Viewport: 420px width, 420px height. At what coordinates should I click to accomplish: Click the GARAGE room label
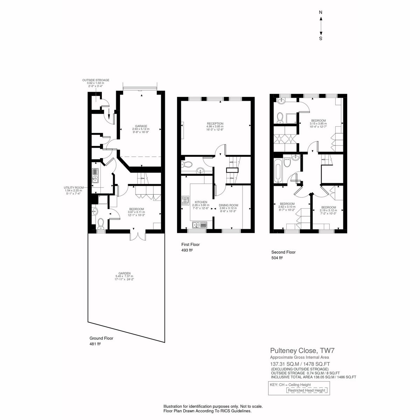141,126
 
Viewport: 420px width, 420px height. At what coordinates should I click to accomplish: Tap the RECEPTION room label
215,124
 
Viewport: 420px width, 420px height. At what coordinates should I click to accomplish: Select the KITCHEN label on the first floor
201,202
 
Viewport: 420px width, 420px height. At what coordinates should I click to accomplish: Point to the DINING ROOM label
229,205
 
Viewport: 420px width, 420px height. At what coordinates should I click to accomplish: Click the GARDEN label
125,273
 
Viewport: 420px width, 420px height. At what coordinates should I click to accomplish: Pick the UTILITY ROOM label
73,188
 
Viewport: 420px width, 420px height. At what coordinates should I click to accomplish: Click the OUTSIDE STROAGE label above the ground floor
96,80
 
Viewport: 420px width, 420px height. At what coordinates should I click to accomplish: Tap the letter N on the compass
321,12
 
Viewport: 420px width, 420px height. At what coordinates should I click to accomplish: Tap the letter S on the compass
321,38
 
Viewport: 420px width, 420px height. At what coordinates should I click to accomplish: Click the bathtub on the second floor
278,171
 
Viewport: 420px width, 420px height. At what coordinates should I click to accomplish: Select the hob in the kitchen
186,201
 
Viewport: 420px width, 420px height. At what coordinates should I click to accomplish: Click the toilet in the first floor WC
187,164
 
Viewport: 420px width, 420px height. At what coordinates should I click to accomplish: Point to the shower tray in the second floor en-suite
292,118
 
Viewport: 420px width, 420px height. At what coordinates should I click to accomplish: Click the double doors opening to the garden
137,235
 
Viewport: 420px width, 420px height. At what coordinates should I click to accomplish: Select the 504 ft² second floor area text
277,258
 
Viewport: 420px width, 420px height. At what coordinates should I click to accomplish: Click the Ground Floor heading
101,338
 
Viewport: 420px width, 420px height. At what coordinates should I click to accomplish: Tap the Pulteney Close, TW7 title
302,350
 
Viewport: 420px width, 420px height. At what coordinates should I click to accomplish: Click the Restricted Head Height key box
307,390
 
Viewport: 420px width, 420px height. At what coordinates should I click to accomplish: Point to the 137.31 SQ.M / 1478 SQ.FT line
300,364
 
